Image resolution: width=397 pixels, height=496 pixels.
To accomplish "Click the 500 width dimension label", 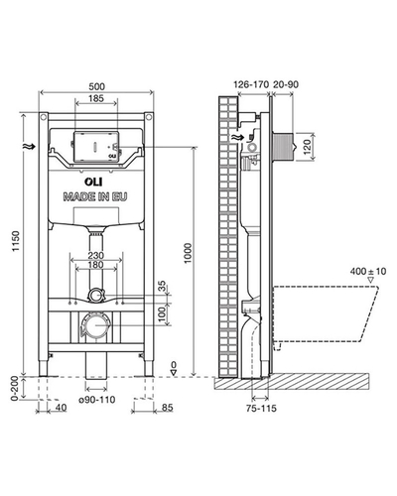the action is click(96, 86).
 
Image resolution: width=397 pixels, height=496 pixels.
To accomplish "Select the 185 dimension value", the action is click(96, 98).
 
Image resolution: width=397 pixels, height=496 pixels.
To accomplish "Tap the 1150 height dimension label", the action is click(16, 241).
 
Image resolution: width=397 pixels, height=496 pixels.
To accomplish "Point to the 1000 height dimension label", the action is click(188, 253).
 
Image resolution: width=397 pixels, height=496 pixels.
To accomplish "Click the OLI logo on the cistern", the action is click(93, 182).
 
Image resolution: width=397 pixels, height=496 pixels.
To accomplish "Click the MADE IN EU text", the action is click(95, 196).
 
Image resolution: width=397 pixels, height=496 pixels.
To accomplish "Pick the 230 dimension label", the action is click(96, 256).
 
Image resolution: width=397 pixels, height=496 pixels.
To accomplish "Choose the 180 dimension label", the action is click(96, 265).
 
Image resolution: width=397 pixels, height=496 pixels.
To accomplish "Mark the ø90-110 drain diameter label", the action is click(97, 400).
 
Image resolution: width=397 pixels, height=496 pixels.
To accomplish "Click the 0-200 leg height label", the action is click(14, 389).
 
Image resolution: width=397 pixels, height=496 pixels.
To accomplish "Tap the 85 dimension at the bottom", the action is click(168, 408).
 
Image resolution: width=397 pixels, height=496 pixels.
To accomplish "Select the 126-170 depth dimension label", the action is click(251, 84).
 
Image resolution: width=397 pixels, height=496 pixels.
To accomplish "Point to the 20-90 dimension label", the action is click(286, 84).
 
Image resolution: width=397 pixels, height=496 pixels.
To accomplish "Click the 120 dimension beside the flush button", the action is click(308, 147).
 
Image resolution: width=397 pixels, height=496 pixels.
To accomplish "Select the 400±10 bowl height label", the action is click(368, 272).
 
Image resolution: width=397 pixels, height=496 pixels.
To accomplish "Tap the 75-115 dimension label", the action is click(261, 409).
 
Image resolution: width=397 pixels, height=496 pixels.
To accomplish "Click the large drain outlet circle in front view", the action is click(95, 325).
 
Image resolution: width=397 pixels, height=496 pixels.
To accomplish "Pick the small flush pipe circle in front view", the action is click(95, 295).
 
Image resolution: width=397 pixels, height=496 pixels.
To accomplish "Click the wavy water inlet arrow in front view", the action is click(31, 147).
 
